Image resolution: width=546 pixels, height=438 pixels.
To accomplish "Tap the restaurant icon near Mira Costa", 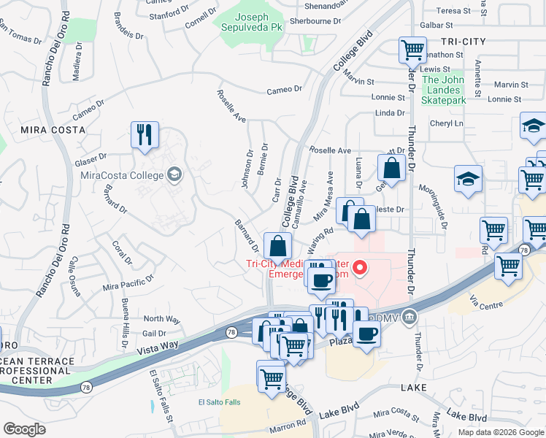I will tap(144, 135).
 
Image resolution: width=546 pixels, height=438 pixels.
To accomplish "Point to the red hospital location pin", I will tap(359, 269).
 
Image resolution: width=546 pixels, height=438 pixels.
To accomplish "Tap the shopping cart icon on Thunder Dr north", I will tap(412, 51).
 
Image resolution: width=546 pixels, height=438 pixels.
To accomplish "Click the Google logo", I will tap(24, 429).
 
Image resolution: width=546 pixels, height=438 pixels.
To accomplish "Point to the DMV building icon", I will tap(409, 317).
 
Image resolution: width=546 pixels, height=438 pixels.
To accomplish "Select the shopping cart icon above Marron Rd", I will tap(272, 378).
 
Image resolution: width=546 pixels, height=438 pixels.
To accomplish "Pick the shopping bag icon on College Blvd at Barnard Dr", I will tap(277, 246).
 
